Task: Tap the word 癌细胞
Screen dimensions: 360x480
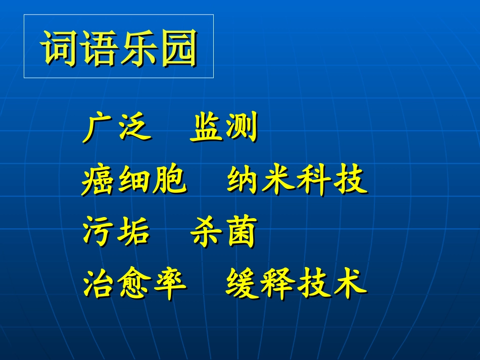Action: [134, 181]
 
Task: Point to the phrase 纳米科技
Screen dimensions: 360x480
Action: [297, 181]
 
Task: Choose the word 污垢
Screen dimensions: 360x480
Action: [116, 233]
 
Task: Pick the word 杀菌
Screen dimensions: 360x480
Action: [223, 233]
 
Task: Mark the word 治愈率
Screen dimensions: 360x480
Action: [134, 284]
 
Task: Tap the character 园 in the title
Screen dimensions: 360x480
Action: [178, 47]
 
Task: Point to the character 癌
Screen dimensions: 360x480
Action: [99, 181]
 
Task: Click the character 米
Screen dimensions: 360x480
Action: [279, 181]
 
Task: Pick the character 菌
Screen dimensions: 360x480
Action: [241, 233]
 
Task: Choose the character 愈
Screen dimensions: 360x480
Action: [134, 284]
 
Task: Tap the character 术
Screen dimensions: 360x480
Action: [349, 283]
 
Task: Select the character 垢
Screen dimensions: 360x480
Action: [134, 233]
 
